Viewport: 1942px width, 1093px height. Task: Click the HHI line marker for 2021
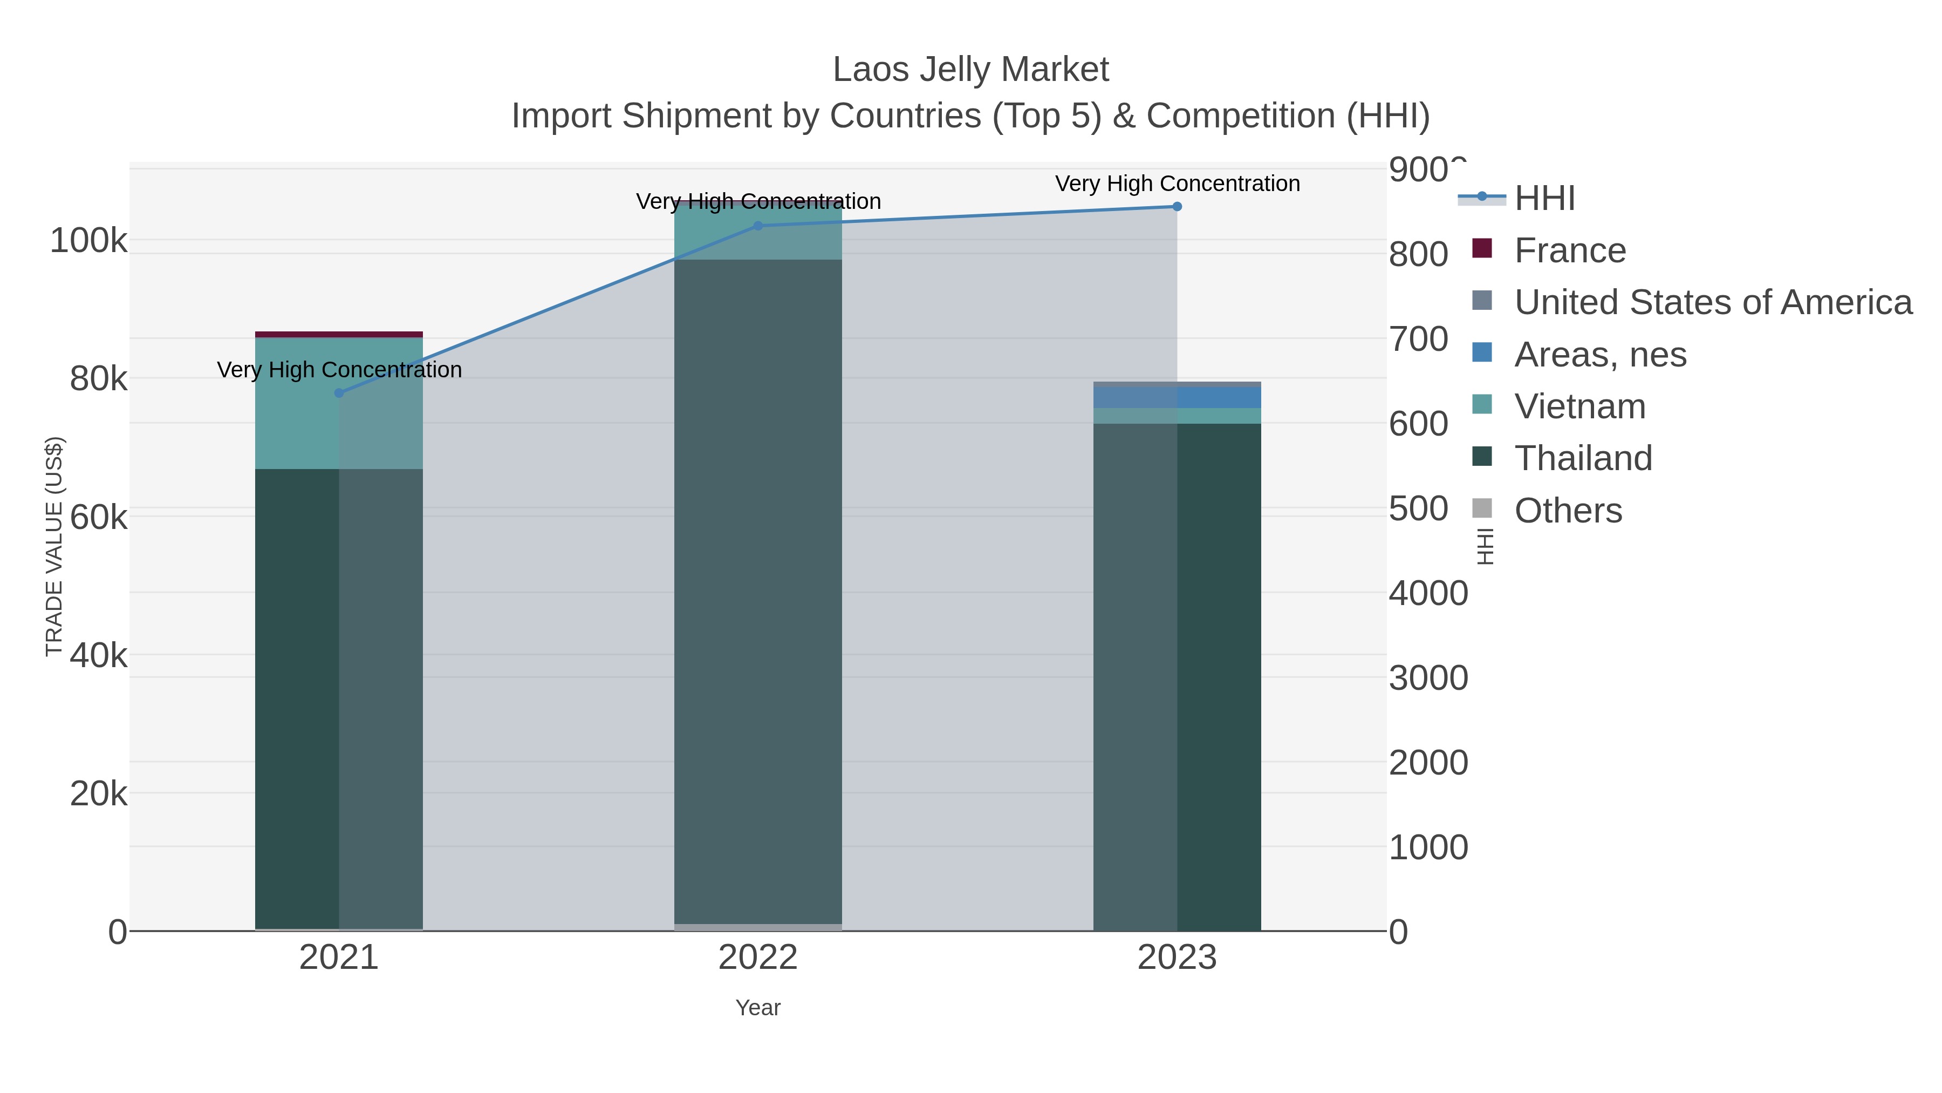pos(339,393)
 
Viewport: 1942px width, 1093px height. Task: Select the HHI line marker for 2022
pos(758,226)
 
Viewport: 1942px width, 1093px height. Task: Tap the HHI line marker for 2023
pos(1177,207)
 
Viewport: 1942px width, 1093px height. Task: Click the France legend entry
pos(1570,250)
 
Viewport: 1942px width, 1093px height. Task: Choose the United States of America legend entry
pos(1712,302)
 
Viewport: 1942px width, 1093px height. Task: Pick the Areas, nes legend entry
pos(1600,355)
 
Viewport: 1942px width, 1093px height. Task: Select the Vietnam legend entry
pos(1579,406)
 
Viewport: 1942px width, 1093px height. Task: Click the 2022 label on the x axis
pos(758,958)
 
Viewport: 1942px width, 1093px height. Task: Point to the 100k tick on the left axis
pos(88,241)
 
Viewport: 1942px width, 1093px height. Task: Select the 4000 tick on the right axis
pos(1428,594)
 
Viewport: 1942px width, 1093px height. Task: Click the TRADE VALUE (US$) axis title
pos(54,546)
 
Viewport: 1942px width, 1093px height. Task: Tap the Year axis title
pos(758,1008)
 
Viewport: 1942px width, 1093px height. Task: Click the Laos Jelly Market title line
pos(970,70)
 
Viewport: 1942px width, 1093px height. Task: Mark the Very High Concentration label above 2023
pos(1177,184)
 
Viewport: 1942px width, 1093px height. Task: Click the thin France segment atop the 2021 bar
pos(339,334)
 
